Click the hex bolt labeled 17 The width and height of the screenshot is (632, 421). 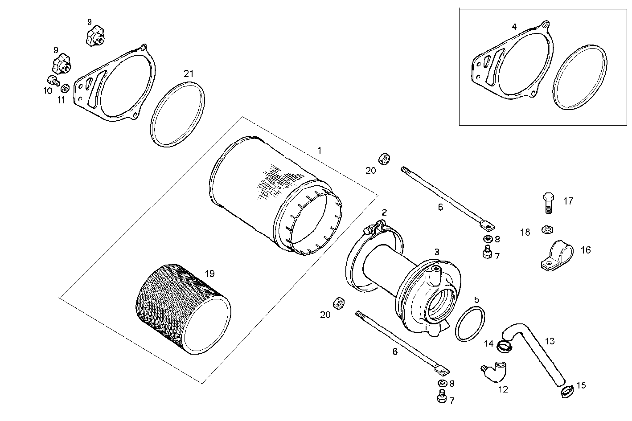(548, 202)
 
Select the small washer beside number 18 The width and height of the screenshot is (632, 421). (547, 229)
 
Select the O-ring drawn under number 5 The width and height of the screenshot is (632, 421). (470, 324)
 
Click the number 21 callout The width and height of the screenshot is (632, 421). (189, 74)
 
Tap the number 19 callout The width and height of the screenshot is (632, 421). (209, 273)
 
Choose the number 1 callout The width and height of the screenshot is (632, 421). (319, 151)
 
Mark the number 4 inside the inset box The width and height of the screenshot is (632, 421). (514, 27)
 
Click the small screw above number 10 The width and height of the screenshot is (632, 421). (53, 81)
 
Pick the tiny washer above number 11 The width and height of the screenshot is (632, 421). (65, 87)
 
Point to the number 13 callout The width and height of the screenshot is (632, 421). (550, 341)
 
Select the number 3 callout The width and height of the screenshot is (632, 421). (437, 252)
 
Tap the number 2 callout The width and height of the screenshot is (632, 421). (384, 212)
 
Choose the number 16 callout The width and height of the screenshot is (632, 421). (585, 250)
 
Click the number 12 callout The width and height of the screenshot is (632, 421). (502, 389)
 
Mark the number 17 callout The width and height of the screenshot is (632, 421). (568, 201)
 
